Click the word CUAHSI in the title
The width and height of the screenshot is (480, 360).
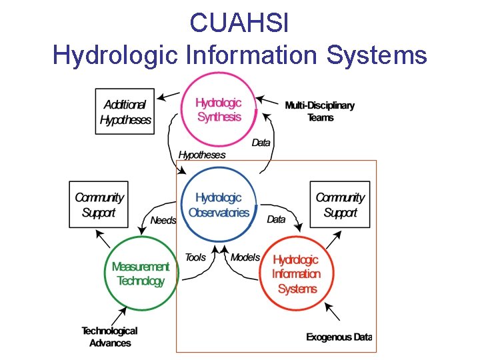point(239,23)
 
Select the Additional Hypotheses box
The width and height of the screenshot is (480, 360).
point(125,111)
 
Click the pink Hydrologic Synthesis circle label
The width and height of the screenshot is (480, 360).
point(219,109)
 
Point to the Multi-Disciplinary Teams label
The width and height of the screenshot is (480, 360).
point(319,111)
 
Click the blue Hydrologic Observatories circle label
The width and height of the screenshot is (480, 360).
point(219,205)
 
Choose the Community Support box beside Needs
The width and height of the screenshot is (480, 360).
point(99,205)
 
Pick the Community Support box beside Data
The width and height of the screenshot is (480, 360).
point(340,205)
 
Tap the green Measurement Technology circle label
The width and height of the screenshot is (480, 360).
point(140,273)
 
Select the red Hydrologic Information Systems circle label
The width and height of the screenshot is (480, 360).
point(296,274)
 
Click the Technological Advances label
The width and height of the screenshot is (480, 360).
point(110,337)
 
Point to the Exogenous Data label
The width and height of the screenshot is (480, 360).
point(339,337)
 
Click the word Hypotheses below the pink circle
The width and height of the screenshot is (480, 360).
point(202,155)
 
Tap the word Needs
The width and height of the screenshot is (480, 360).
point(163,220)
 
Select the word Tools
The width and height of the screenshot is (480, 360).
point(195,257)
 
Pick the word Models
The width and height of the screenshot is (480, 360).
point(245,257)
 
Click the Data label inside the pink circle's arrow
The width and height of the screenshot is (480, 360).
point(261,143)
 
